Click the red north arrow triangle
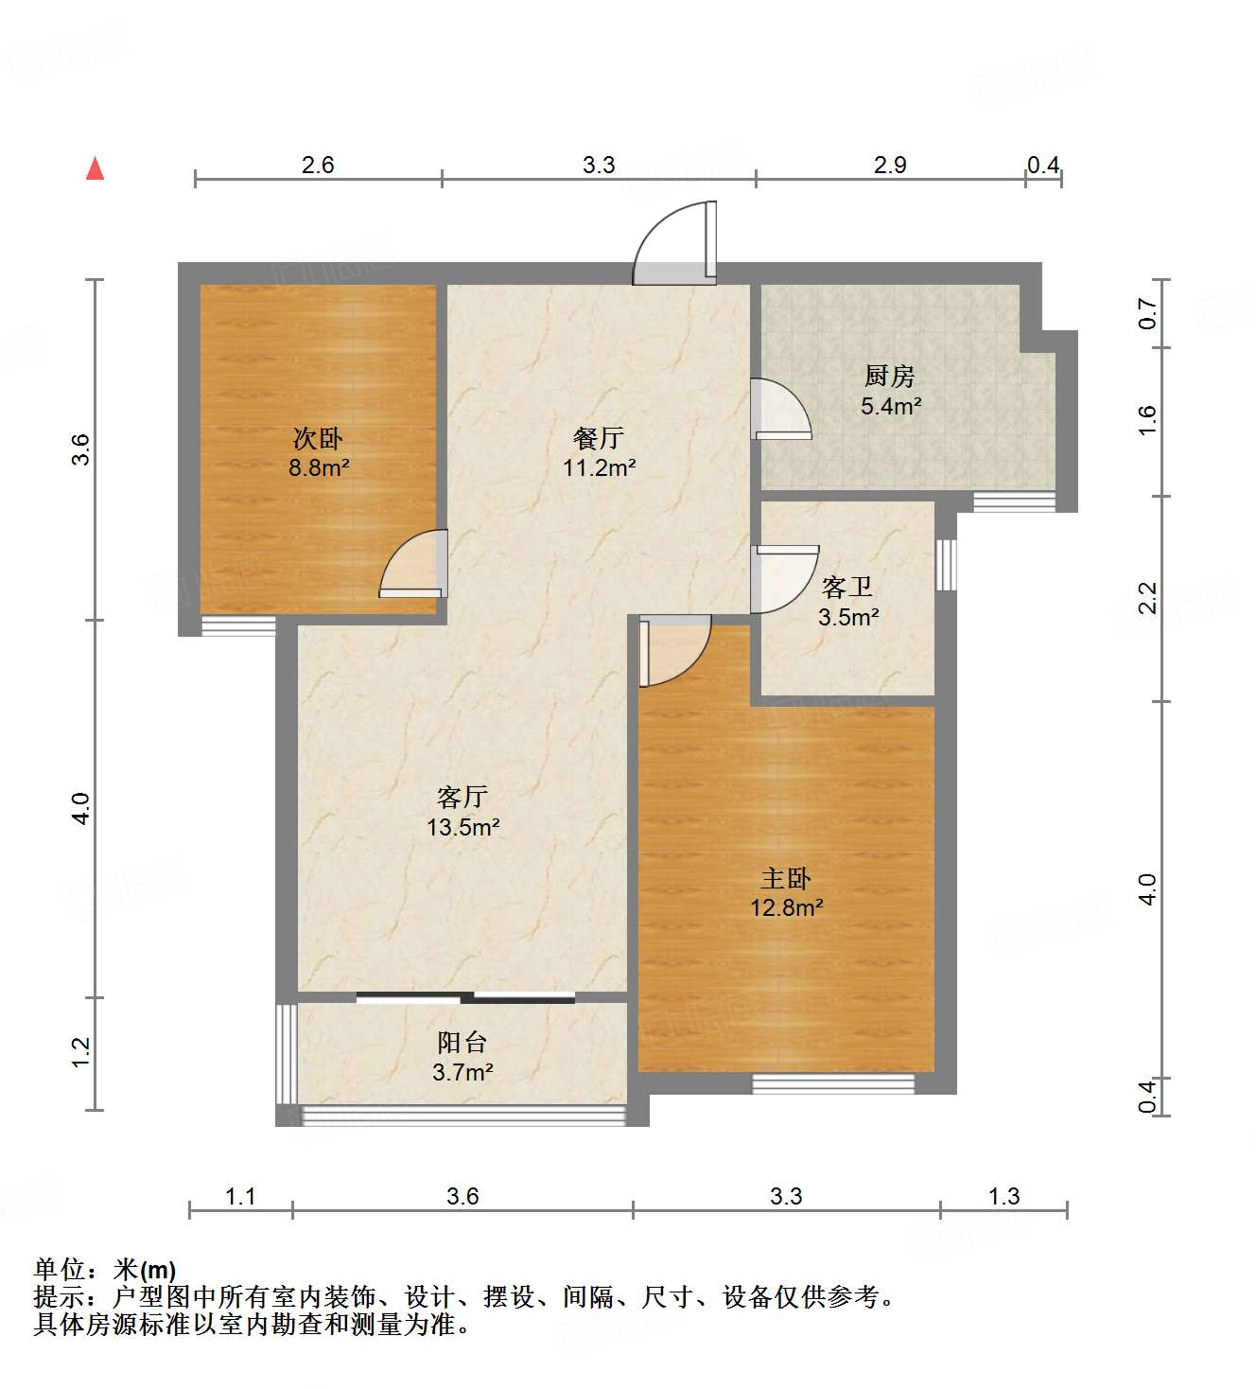[x=95, y=168]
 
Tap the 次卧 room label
[x=318, y=438]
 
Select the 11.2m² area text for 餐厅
[x=599, y=467]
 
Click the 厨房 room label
[x=889, y=377]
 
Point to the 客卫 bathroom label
[x=846, y=588]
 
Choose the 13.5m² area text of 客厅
[x=462, y=827]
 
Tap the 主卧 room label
[x=786, y=878]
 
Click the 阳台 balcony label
[x=462, y=1043]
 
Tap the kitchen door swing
[x=779, y=409]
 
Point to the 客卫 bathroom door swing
[x=782, y=578]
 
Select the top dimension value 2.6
[x=318, y=166]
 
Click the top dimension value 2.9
[x=890, y=166]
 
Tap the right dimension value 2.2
[x=1147, y=598]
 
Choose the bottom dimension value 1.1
[x=240, y=1197]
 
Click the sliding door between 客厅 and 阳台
[x=465, y=996]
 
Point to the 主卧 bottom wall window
[x=833, y=1083]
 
